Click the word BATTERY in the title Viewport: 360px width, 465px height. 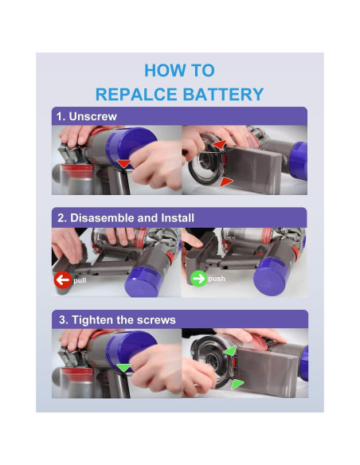[x=223, y=94]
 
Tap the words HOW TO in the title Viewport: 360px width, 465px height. [x=179, y=71]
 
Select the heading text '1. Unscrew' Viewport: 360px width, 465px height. [x=87, y=116]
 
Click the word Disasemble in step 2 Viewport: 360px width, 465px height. [x=102, y=218]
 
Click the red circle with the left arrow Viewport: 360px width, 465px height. [x=63, y=279]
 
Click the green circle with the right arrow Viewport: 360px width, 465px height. [x=198, y=279]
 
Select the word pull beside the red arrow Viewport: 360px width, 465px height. [x=80, y=280]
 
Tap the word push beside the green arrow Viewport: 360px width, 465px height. [x=217, y=279]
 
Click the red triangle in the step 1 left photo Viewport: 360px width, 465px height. [x=123, y=163]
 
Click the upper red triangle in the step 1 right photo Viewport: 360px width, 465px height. [x=220, y=144]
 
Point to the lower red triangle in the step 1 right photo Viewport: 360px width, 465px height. [x=226, y=182]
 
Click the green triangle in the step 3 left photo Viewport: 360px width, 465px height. [x=123, y=367]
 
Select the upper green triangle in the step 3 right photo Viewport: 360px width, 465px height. [x=230, y=350]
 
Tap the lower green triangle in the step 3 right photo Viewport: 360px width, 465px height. [x=237, y=384]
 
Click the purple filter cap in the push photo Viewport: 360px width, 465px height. [x=272, y=275]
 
